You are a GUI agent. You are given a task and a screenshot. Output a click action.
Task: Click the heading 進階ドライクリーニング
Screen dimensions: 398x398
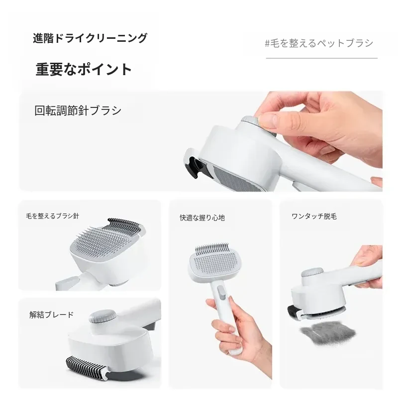click(90, 38)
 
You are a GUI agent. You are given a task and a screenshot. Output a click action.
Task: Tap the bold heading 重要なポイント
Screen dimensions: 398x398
click(84, 69)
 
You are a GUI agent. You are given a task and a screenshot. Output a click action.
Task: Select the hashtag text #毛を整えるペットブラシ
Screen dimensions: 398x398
click(319, 43)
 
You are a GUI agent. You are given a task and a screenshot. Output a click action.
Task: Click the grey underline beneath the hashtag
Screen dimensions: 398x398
click(321, 58)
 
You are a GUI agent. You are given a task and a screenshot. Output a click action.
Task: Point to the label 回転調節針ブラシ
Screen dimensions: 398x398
click(78, 110)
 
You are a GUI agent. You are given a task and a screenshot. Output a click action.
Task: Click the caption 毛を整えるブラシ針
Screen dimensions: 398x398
click(53, 216)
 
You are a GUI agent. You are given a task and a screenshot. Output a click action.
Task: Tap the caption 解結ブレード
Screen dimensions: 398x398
click(52, 315)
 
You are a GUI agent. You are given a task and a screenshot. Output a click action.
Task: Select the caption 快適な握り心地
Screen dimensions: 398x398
click(202, 218)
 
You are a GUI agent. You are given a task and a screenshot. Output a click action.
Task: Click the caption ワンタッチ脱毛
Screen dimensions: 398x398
click(314, 216)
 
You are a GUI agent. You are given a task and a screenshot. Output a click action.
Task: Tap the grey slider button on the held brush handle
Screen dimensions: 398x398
click(222, 292)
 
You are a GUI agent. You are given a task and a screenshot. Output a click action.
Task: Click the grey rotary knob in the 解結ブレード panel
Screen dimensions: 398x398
click(102, 316)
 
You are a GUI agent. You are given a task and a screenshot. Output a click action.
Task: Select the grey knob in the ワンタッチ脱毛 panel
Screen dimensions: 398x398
click(311, 273)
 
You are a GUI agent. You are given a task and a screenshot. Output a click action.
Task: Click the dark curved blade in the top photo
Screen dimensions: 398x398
click(194, 167)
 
